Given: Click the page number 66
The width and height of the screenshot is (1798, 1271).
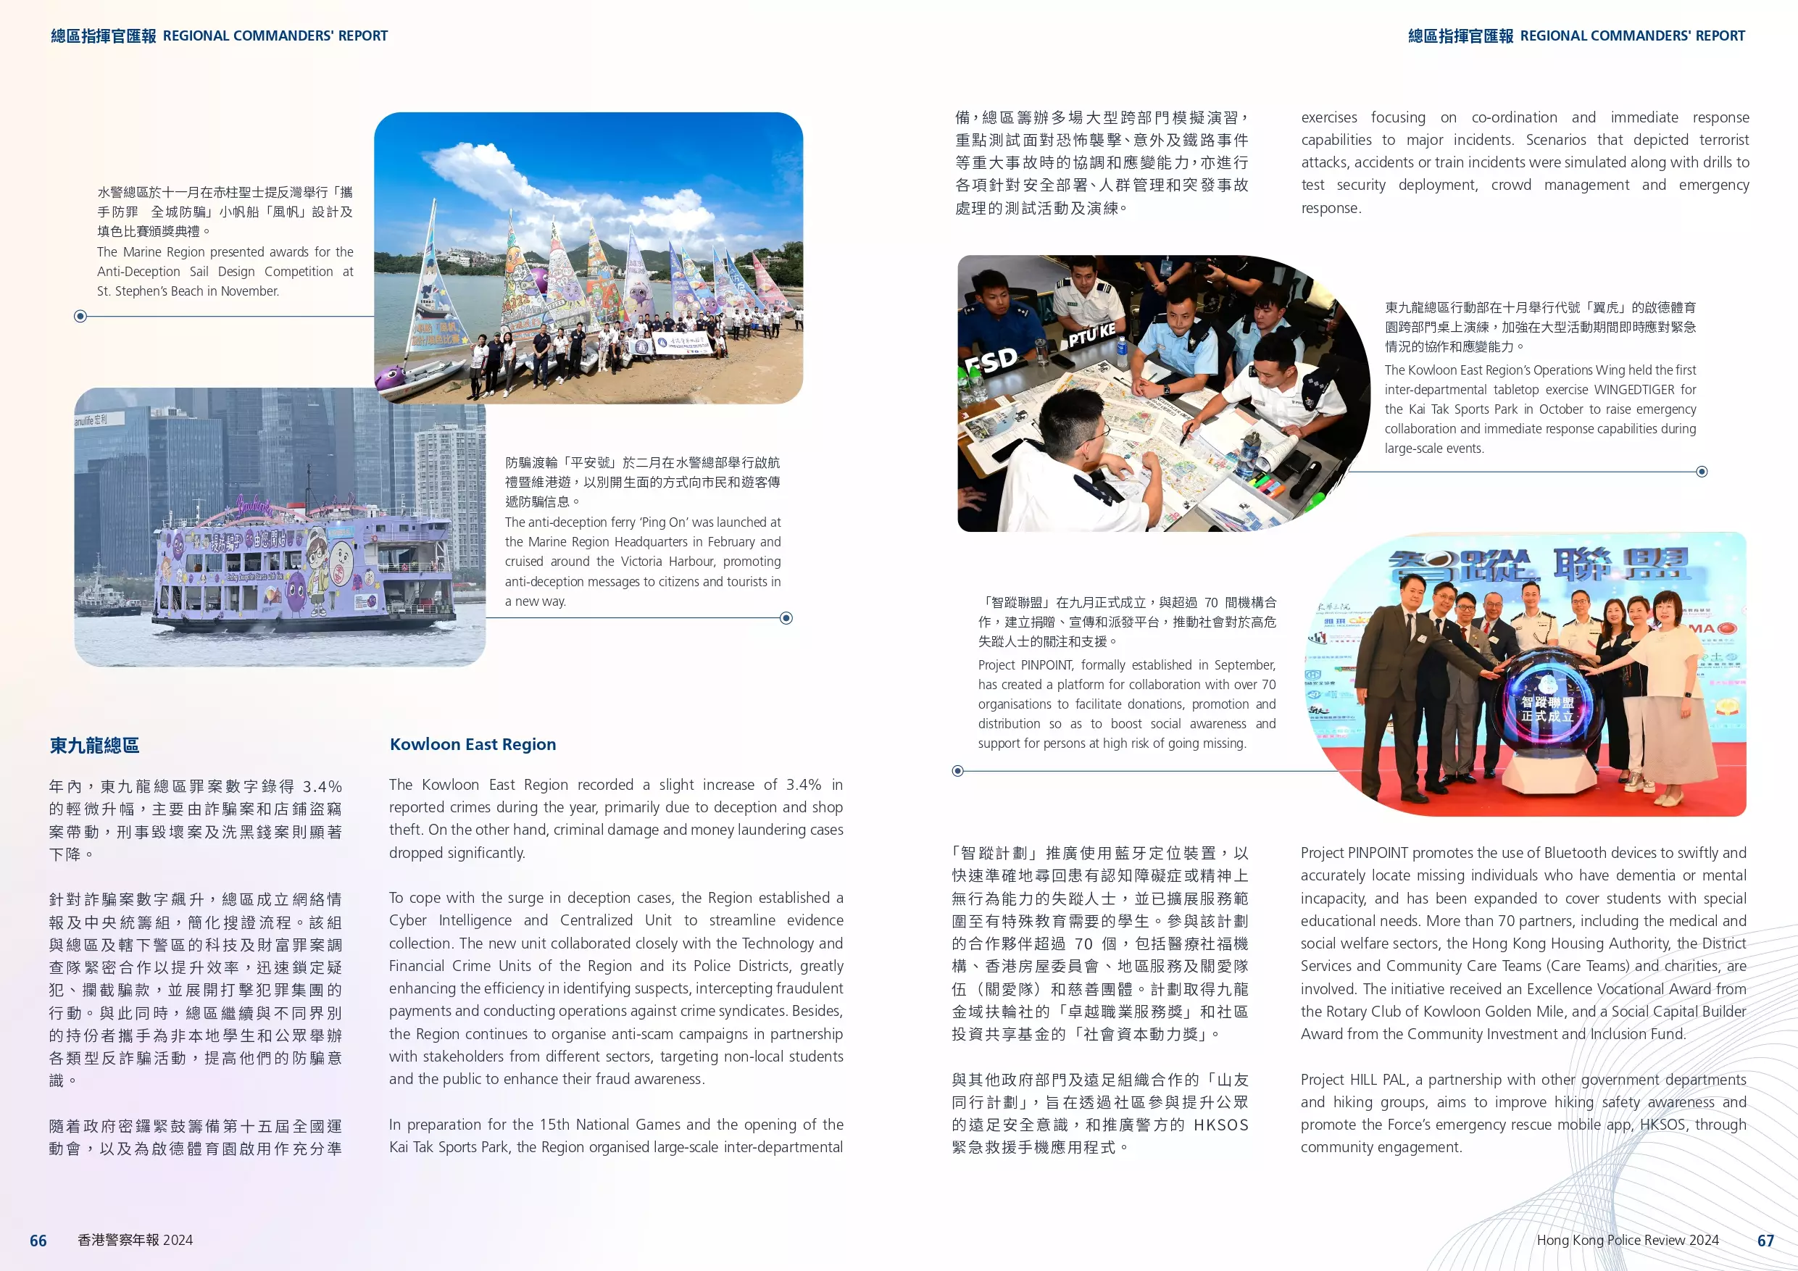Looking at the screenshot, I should [38, 1241].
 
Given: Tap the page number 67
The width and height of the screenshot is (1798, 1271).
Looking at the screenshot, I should [1765, 1241].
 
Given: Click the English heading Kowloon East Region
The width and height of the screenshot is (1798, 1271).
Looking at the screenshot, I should [473, 744].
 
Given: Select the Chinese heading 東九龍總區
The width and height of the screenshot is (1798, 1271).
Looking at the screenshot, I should [94, 746].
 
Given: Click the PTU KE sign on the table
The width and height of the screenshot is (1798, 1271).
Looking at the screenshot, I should [1091, 336].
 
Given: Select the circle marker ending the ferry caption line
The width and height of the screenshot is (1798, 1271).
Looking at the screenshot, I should [786, 618].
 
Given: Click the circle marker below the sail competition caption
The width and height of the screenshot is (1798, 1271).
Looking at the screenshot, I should [80, 317].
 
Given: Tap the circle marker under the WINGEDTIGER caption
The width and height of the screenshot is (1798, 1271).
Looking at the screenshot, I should [1702, 472].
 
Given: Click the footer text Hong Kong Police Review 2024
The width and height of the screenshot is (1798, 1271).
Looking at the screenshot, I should [1627, 1241].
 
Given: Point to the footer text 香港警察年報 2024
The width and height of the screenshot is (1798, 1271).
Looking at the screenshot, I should [135, 1241].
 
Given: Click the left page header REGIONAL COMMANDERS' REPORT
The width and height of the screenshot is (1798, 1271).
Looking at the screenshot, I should [275, 36].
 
